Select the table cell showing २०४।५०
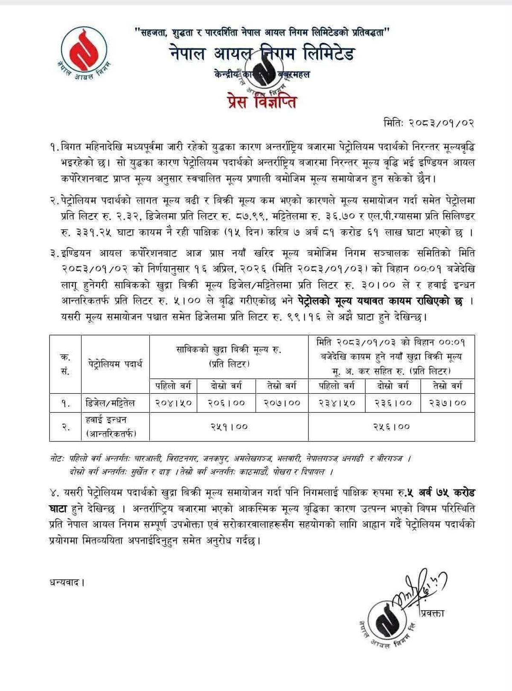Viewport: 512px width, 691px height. click(173, 403)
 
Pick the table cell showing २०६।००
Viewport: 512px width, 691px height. click(226, 403)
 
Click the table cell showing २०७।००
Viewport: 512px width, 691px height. click(282, 403)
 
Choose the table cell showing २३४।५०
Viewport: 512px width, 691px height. click(337, 403)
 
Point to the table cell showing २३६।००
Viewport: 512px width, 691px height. click(393, 403)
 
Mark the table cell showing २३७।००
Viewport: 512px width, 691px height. click(448, 403)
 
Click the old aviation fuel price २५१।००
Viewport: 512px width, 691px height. click(229, 426)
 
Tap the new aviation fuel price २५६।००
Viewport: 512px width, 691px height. click(391, 426)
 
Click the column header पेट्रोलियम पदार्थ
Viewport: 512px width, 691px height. click(115, 364)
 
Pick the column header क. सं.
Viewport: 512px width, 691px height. click(65, 364)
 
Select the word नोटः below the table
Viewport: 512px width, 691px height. click(56, 459)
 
